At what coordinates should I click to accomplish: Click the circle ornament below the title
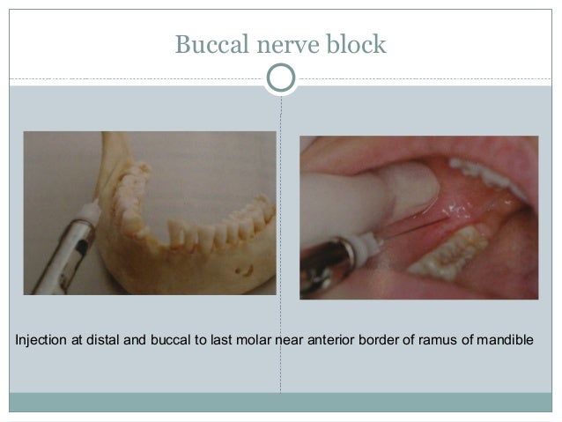[x=281, y=78]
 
